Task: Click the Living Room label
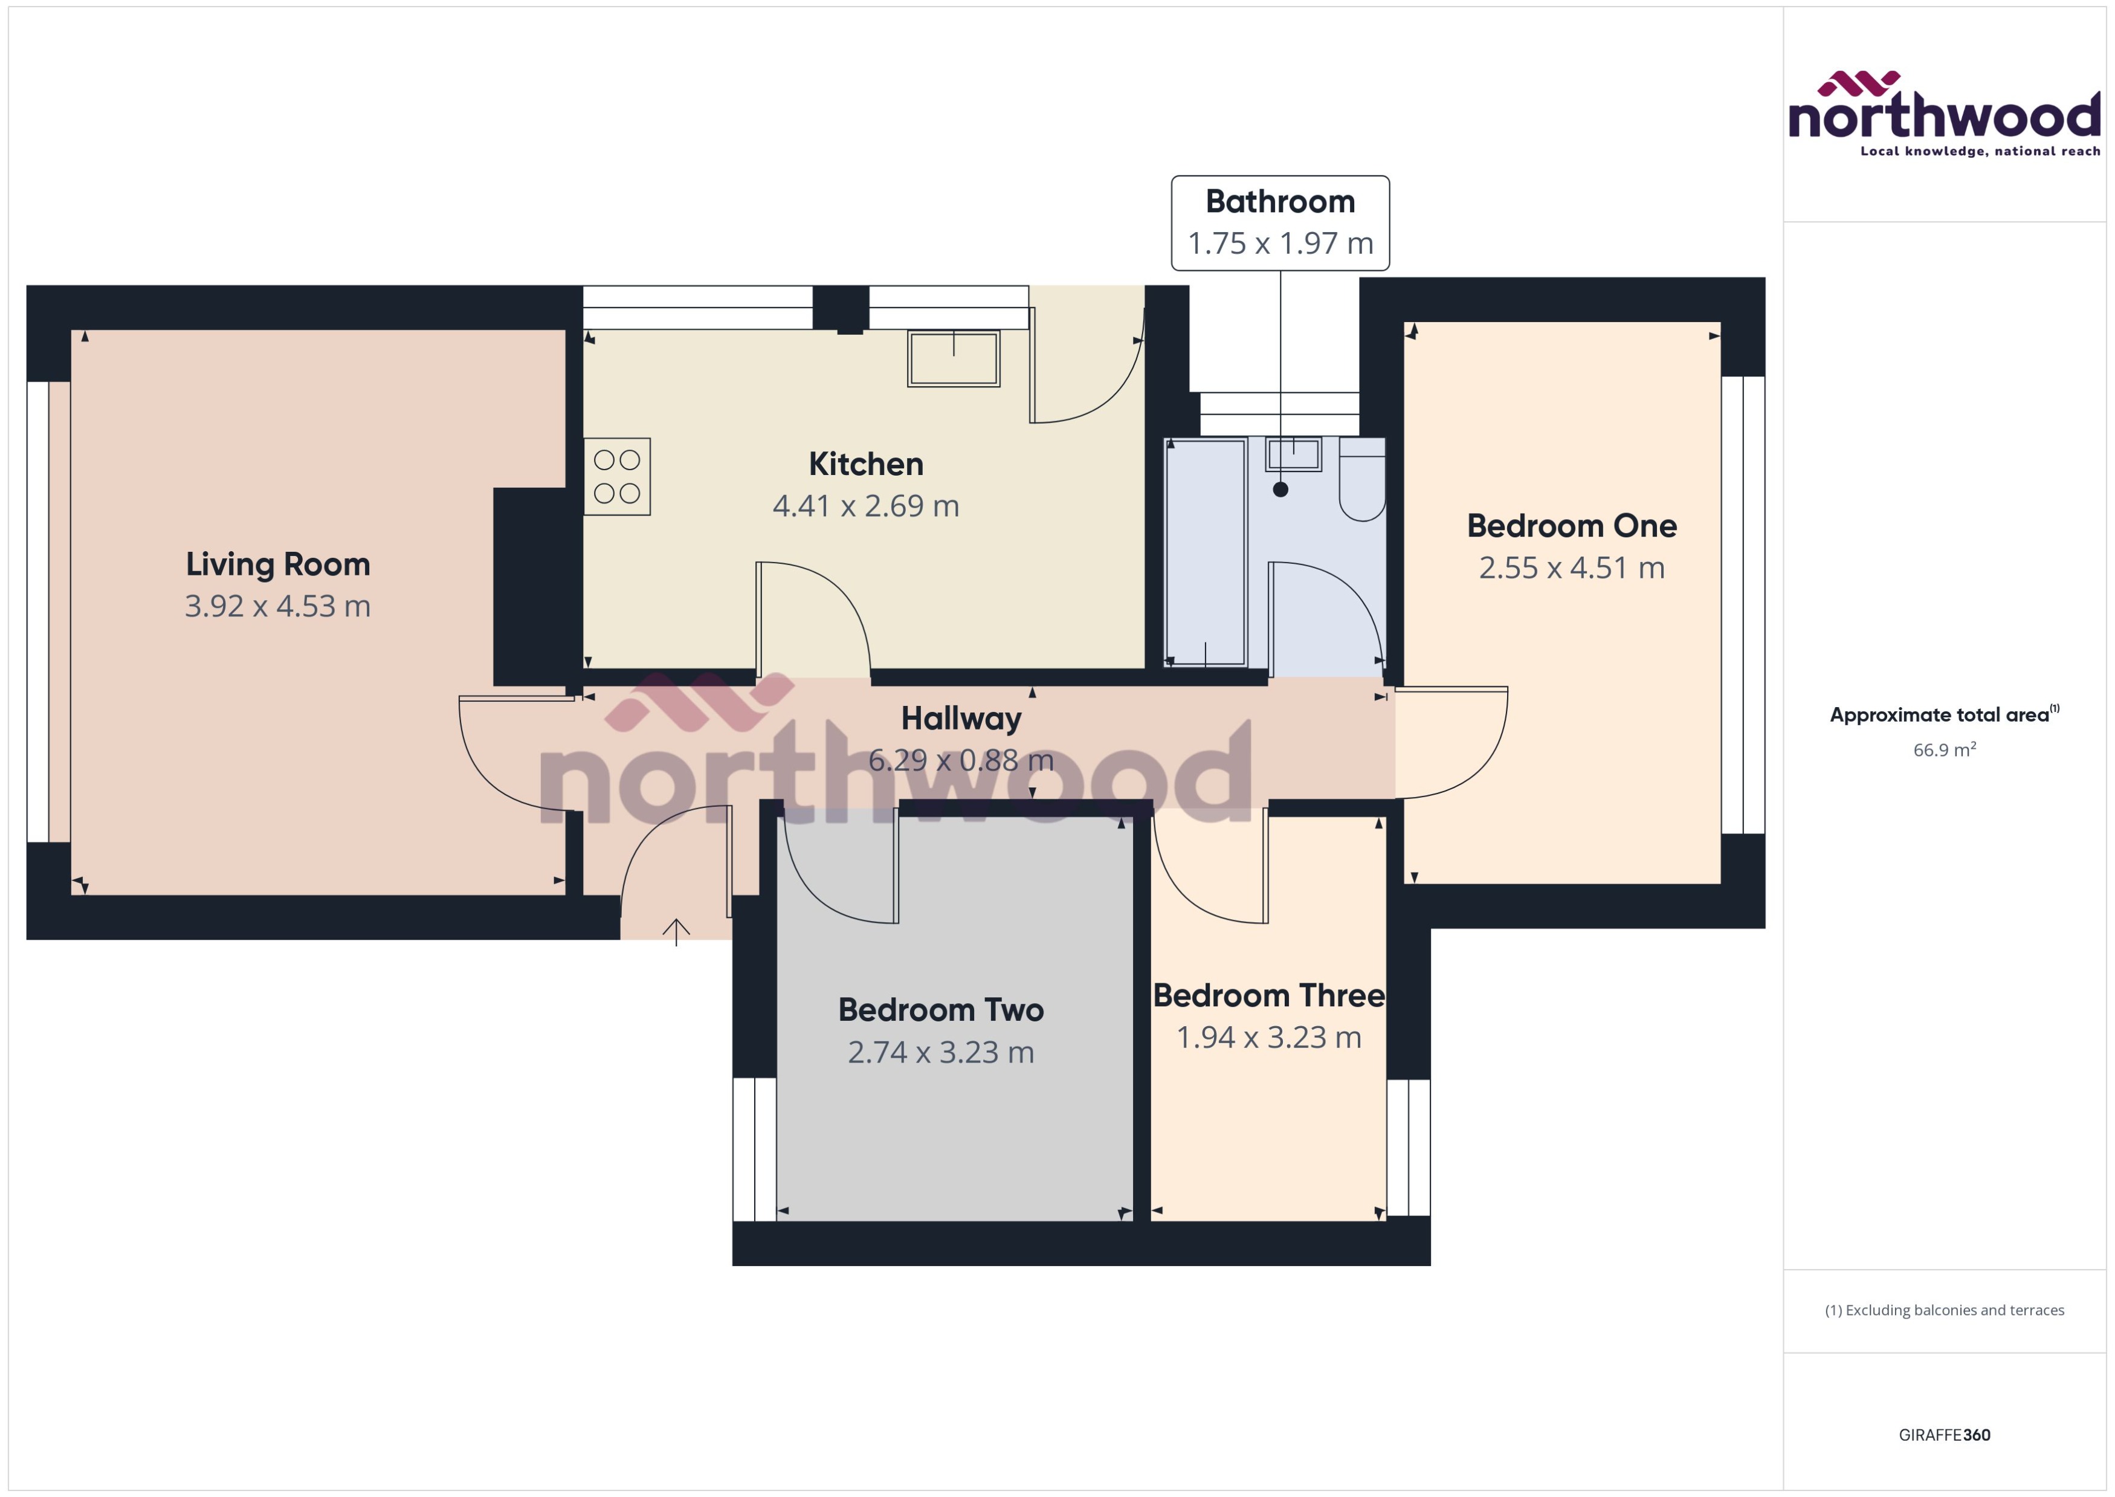pyautogui.click(x=277, y=564)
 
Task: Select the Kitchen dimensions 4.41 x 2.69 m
pyautogui.click(x=865, y=506)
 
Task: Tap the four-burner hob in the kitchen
pyautogui.click(x=616, y=477)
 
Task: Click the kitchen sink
pyautogui.click(x=953, y=358)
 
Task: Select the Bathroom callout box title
pyautogui.click(x=1279, y=202)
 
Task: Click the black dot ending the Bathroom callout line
pyautogui.click(x=1280, y=490)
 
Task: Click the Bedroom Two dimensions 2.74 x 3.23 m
pyautogui.click(x=940, y=1053)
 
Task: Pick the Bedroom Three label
pyautogui.click(x=1268, y=995)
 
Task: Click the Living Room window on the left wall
pyautogui.click(x=38, y=611)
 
